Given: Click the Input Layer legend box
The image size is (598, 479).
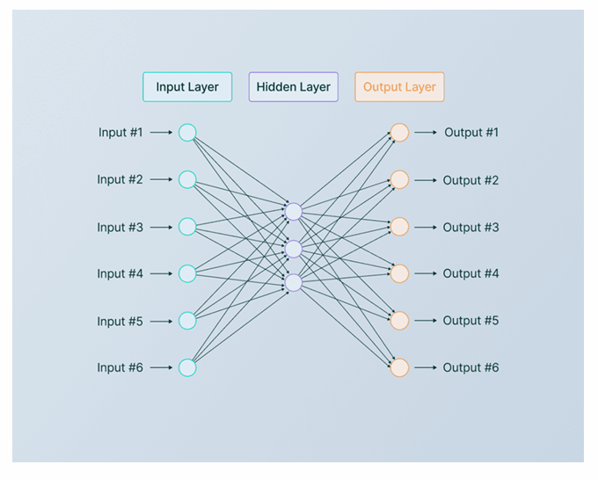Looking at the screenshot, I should [187, 87].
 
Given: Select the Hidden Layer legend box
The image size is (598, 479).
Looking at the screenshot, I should [294, 87].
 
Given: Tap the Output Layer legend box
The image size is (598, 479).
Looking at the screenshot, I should [399, 87].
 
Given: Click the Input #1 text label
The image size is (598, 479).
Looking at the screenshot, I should [120, 133].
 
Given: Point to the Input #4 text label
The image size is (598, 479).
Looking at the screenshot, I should [120, 273].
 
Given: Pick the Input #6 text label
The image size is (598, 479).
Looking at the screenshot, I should [120, 367].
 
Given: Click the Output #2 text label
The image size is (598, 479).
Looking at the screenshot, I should [470, 180].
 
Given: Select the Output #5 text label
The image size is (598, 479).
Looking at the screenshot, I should [470, 321].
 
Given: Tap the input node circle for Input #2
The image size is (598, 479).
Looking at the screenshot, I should [187, 179].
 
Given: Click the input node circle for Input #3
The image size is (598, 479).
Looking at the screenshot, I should [187, 227].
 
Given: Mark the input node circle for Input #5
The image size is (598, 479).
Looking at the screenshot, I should [187, 321].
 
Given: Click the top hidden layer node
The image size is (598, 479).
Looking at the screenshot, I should [294, 211].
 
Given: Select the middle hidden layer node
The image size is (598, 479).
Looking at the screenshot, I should [294, 249].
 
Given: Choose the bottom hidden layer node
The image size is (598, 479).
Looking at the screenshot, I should [294, 283].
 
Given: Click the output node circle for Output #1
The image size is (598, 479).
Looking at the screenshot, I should [399, 133].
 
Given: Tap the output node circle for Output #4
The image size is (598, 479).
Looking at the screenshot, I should [399, 273].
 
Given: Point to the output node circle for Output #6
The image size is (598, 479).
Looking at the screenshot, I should [399, 367].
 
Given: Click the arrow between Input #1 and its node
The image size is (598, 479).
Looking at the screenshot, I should [161, 133].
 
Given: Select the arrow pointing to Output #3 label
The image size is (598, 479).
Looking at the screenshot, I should [426, 227].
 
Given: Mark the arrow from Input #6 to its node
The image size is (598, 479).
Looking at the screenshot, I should [161, 367].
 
